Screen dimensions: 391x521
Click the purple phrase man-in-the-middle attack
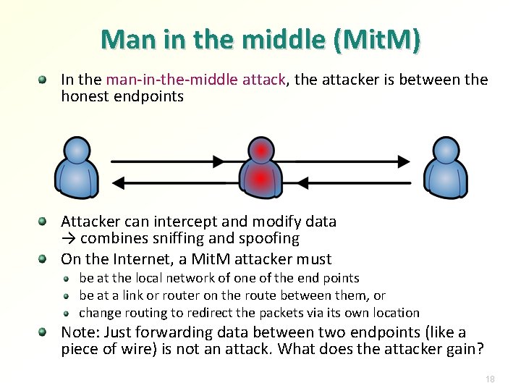point(195,80)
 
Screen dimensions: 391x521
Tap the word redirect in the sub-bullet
point(211,313)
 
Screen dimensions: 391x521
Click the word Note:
point(80,332)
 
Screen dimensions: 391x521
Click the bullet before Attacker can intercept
point(44,220)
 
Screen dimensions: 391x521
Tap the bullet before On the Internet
point(44,258)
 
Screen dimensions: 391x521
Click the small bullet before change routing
point(65,314)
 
